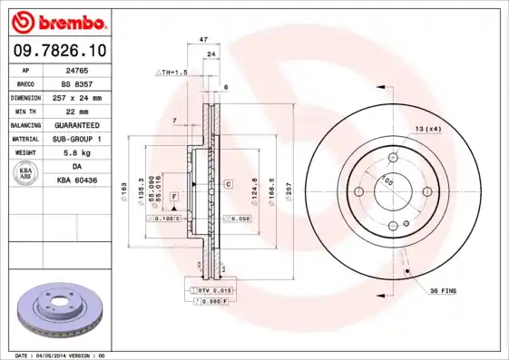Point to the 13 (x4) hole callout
point(427,129)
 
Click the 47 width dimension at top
point(203,40)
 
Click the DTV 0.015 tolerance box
point(210,289)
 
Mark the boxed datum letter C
point(229,183)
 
